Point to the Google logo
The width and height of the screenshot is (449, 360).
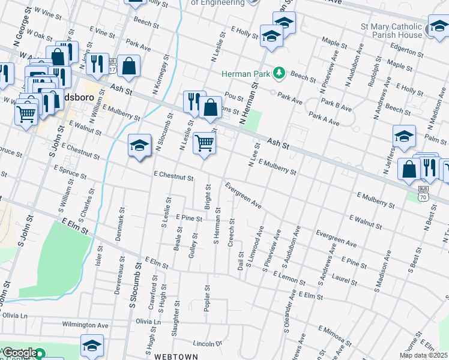coord(20,353)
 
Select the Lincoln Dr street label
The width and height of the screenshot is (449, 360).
coord(208,344)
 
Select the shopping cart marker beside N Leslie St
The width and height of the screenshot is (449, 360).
coord(204,144)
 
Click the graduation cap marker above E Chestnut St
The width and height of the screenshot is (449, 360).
coord(139,146)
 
